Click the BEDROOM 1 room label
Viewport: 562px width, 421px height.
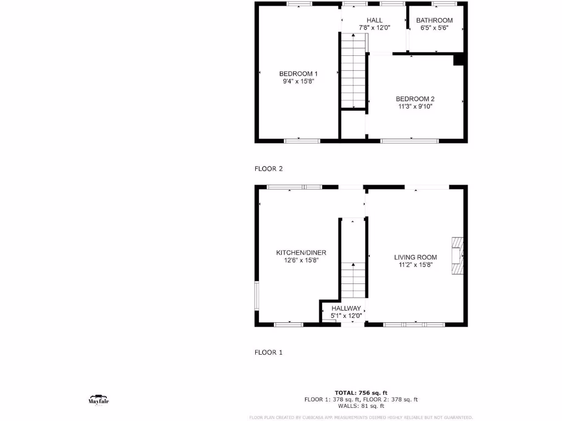click(x=298, y=73)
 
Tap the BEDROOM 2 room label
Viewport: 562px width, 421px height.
click(x=415, y=99)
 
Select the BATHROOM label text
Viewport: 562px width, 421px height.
click(x=434, y=20)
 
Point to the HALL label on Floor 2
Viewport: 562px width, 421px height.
click(x=374, y=20)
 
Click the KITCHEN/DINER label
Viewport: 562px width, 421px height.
click(x=301, y=253)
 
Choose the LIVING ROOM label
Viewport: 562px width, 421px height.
click(x=415, y=257)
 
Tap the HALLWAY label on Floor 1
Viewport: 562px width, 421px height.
click(x=346, y=309)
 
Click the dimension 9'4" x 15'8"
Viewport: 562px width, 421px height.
click(x=298, y=81)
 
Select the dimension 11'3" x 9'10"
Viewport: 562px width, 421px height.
click(x=415, y=106)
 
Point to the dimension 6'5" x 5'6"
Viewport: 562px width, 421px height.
click(x=434, y=27)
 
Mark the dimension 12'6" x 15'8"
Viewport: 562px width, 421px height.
click(x=301, y=260)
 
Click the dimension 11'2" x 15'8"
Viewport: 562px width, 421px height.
click(x=415, y=265)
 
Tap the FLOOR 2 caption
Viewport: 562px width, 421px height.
click(x=268, y=169)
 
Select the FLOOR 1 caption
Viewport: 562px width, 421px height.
click(x=268, y=352)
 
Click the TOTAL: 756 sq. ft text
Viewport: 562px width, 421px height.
click(x=361, y=392)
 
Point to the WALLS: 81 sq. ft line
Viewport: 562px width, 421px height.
click(x=361, y=406)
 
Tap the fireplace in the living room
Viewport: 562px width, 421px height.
click(x=457, y=256)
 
